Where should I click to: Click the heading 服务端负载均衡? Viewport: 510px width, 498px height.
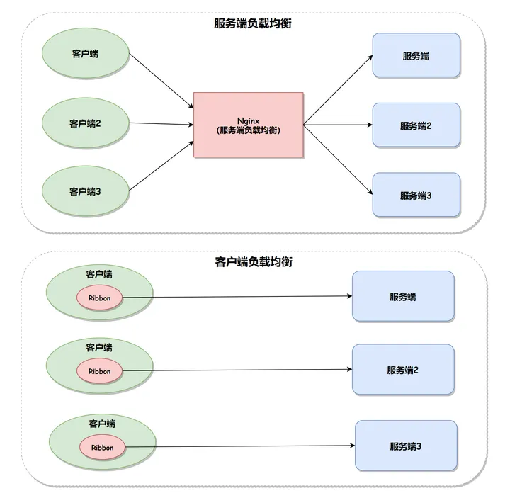tap(253, 23)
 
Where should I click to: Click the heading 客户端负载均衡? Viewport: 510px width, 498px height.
tap(254, 262)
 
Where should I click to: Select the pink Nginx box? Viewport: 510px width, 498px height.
tap(249, 125)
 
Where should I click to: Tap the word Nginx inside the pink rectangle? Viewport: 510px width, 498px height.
tap(249, 121)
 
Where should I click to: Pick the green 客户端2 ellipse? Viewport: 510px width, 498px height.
tap(86, 123)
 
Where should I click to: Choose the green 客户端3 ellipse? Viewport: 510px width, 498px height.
tap(86, 191)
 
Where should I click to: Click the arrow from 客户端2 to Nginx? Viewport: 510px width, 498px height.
tap(161, 123)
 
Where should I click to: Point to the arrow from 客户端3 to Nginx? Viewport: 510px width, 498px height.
tap(161, 166)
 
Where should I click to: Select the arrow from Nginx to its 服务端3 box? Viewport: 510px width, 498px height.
tap(338, 159)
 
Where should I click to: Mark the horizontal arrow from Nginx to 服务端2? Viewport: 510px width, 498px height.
tap(338, 125)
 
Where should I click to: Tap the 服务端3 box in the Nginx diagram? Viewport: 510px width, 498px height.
tap(416, 195)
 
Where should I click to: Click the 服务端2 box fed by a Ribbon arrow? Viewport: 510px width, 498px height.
tap(403, 370)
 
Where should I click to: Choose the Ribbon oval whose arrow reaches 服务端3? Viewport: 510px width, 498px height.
tap(103, 448)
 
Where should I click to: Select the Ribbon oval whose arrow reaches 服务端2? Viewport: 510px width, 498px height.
tap(100, 371)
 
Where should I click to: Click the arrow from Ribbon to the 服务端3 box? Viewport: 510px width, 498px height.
tap(240, 446)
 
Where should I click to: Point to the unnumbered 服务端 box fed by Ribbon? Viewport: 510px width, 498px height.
tap(403, 296)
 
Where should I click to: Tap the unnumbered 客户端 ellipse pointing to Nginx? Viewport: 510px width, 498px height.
tap(86, 53)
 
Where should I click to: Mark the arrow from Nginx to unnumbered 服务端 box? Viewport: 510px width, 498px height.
tap(338, 90)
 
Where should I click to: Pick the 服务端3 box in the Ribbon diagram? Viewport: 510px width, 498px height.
tap(407, 446)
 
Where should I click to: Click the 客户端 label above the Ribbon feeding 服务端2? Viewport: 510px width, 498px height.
tap(99, 348)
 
